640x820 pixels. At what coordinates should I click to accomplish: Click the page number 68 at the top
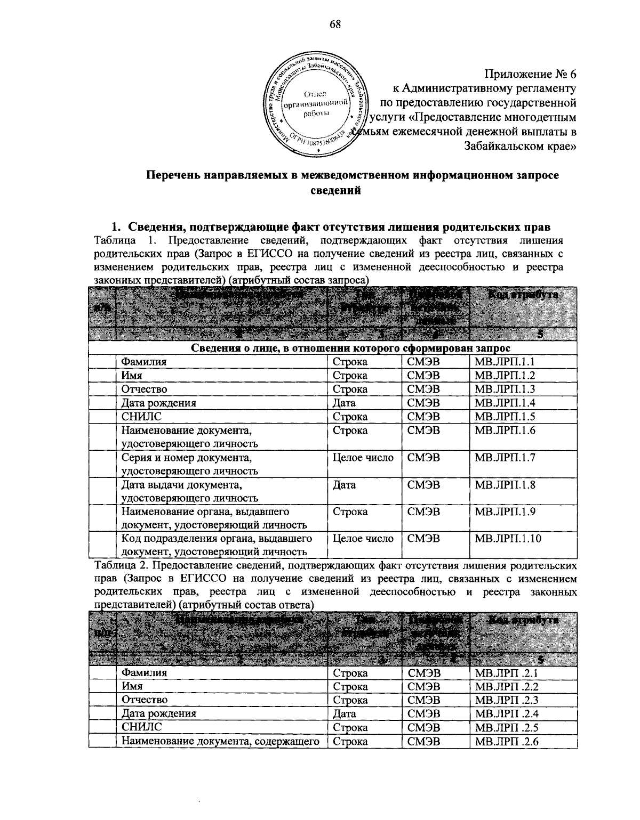(334, 25)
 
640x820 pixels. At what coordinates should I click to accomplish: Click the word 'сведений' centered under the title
(335, 190)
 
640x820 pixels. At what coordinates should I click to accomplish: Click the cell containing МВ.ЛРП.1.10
(508, 539)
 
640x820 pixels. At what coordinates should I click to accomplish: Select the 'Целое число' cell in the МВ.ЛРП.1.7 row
(363, 458)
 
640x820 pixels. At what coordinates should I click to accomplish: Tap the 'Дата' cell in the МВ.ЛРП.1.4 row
(344, 403)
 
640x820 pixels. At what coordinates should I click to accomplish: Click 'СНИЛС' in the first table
(141, 417)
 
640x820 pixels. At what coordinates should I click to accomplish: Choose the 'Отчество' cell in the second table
(144, 700)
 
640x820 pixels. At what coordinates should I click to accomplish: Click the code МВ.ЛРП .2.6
(507, 741)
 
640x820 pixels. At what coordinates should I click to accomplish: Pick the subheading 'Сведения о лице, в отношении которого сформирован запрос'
(351, 348)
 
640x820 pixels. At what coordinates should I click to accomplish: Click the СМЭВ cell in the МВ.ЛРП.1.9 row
(423, 512)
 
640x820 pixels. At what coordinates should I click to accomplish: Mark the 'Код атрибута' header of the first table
(522, 295)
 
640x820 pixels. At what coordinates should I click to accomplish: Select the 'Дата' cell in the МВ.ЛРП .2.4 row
(345, 713)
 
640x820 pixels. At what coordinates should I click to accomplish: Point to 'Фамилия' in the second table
(144, 672)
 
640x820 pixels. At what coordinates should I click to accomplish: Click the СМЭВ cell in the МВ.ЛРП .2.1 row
(424, 673)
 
